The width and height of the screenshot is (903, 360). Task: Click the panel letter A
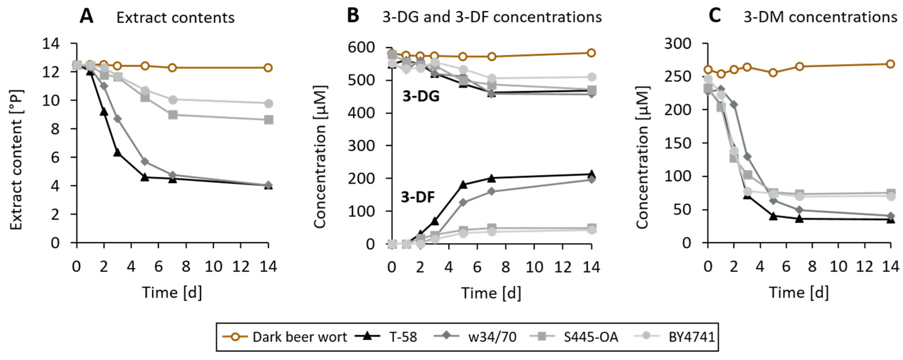87,17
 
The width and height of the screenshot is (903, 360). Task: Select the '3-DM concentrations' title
820,17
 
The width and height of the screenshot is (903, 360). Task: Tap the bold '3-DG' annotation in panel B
421,96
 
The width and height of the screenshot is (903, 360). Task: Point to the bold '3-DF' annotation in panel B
418,198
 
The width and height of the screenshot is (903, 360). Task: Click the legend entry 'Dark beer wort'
299,337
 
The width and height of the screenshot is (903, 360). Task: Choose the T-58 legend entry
403,337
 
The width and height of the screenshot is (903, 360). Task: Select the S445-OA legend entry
591,337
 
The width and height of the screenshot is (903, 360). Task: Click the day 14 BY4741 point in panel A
269,103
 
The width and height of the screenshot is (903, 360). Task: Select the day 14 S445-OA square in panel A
269,120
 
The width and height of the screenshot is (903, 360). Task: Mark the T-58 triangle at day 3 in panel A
117,153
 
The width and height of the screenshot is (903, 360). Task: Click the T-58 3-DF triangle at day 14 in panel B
591,174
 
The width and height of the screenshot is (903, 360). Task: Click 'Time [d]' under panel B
491,293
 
